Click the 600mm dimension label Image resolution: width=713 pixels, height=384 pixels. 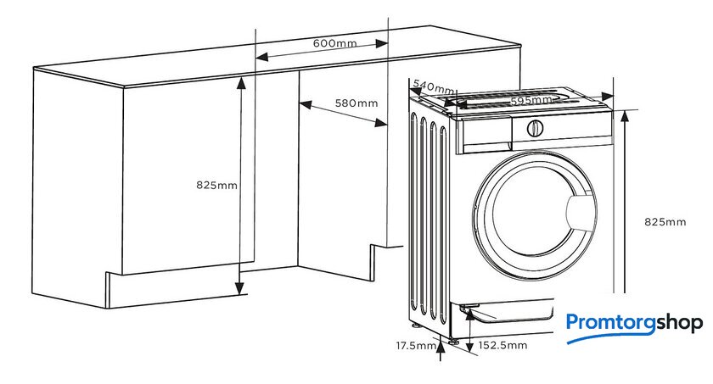[334, 43]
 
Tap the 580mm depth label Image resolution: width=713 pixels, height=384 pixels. [356, 103]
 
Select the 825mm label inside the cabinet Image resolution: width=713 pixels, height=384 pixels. [217, 185]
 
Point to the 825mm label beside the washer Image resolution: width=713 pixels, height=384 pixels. [665, 222]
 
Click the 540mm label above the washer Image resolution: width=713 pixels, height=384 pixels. [433, 86]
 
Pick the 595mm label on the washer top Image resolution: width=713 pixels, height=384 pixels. [531, 100]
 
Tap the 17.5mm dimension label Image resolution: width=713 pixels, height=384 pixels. [416, 346]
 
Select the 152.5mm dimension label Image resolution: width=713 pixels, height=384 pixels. [502, 345]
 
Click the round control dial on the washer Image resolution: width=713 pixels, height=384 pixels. [535, 129]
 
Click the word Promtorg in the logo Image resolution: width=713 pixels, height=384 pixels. [610, 324]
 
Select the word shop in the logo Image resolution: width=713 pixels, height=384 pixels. [679, 324]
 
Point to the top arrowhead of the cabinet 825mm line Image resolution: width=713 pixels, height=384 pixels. [240, 82]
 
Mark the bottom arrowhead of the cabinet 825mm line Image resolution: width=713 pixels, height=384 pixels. [239, 287]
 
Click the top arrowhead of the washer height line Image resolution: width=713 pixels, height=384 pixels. [625, 117]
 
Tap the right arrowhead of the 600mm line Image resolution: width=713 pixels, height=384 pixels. [381, 43]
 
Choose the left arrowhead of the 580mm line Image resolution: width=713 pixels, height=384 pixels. [306, 105]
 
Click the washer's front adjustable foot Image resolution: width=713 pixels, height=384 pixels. [453, 342]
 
